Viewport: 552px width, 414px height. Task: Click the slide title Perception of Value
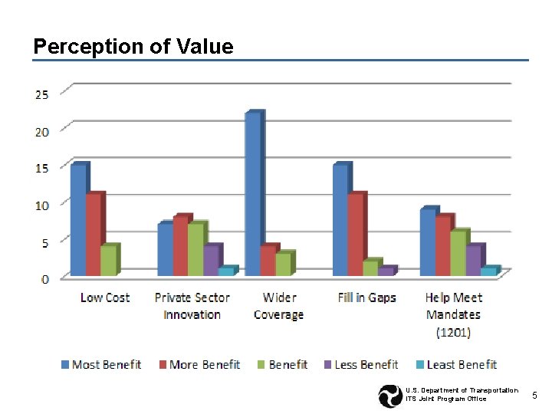133,47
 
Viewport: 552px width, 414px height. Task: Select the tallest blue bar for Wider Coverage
253,193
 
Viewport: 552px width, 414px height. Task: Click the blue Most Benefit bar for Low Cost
78,220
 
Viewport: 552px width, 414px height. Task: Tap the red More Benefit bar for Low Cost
93,235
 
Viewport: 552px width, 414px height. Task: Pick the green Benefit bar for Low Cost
108,261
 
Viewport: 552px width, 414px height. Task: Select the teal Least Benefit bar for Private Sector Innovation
226,271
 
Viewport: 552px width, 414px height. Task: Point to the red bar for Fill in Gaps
355,235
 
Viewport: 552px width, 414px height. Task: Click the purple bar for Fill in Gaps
385,271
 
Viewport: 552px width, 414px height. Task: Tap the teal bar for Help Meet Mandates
488,271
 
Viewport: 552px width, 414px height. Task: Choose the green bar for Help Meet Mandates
458,253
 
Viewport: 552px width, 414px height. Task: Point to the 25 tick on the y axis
41,94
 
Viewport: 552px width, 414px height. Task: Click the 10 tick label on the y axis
41,205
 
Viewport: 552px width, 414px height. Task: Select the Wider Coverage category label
278,306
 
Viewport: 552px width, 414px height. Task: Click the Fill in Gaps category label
366,297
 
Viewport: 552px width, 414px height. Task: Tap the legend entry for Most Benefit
100,365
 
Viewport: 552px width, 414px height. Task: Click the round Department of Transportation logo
390,396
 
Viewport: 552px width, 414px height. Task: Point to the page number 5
535,395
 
